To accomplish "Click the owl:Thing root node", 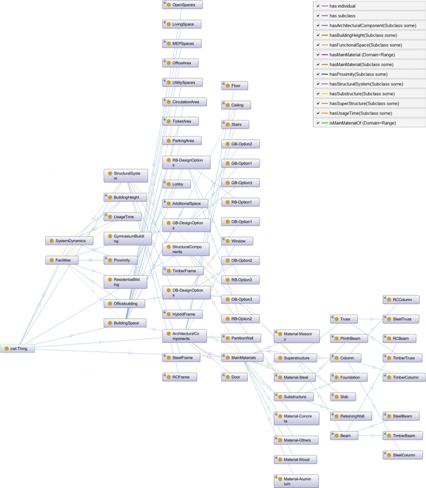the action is (x=18, y=348).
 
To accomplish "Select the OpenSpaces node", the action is (x=182, y=5).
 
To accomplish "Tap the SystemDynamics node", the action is (x=69, y=241).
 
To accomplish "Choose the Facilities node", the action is (x=62, y=260).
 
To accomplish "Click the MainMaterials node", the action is (x=242, y=357).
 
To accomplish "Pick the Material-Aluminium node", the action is (x=296, y=481).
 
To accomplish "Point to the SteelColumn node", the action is (x=403, y=455).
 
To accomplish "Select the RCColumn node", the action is (x=401, y=300).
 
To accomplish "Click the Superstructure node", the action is (x=295, y=358).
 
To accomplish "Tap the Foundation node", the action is (x=349, y=377).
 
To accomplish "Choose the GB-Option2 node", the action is (x=240, y=144).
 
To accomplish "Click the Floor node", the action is (x=234, y=86).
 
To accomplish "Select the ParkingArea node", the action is (x=182, y=141).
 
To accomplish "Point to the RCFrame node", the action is (x=180, y=377).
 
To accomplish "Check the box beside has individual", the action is (x=318, y=6).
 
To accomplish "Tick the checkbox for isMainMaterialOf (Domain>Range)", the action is (x=318, y=123).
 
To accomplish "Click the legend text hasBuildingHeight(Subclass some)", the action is (x=363, y=35).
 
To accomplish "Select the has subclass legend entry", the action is (x=342, y=16).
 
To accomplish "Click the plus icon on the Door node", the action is (x=223, y=375).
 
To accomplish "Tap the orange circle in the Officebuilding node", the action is (x=110, y=304).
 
